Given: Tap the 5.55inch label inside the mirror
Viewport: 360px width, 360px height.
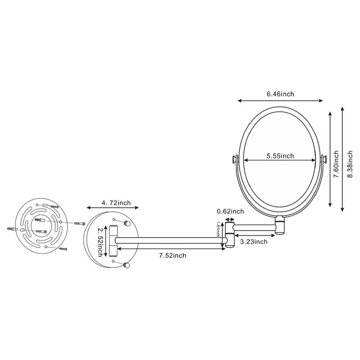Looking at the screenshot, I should point(279,156).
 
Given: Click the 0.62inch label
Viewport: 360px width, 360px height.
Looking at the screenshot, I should point(230,211).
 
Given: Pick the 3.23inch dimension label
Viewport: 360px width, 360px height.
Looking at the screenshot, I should point(254,242).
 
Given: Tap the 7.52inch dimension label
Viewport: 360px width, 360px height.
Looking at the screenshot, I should point(172,256).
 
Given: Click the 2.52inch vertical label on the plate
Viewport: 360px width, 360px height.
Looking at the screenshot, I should point(102,241).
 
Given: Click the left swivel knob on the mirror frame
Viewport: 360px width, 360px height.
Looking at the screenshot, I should point(234,159).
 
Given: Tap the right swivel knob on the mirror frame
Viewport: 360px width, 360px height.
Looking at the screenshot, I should point(323,159).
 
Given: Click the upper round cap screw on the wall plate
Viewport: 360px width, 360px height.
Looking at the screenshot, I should point(128,224).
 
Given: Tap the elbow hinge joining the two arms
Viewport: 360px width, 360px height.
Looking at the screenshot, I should point(230,236).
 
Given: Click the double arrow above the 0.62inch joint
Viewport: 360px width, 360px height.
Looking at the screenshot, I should point(230,220).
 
